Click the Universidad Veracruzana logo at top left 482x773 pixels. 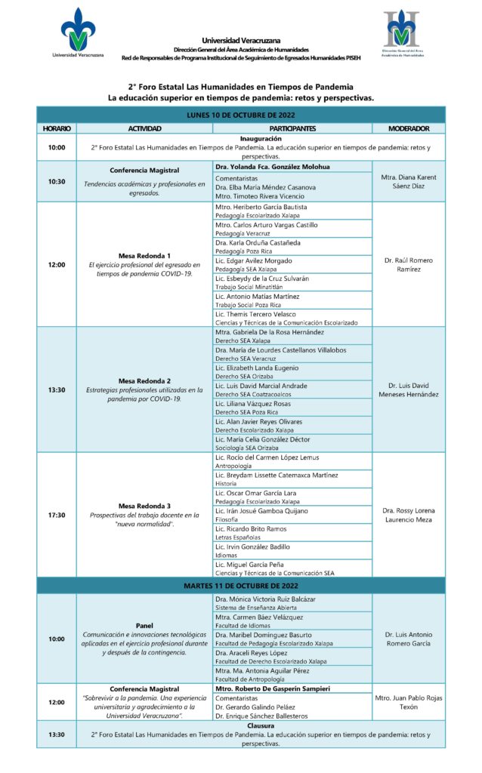click(79, 33)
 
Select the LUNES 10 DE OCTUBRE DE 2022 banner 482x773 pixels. click(240, 115)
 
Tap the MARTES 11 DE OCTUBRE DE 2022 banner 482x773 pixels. click(240, 586)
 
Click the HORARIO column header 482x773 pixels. click(56, 129)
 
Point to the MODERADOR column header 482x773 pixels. click(408, 129)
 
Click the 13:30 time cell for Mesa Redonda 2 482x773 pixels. click(56, 390)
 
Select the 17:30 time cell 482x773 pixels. click(56, 515)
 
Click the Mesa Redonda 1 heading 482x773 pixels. click(144, 255)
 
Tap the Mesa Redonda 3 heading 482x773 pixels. click(144, 506)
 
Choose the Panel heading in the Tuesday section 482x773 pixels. click(144, 625)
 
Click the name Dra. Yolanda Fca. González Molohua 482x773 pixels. click(272, 166)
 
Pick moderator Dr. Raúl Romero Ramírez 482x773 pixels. click(408, 264)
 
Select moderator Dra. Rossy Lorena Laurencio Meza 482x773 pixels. click(408, 515)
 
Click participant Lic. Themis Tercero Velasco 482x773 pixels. click(255, 313)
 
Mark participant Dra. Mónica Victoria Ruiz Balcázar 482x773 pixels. click(265, 599)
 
